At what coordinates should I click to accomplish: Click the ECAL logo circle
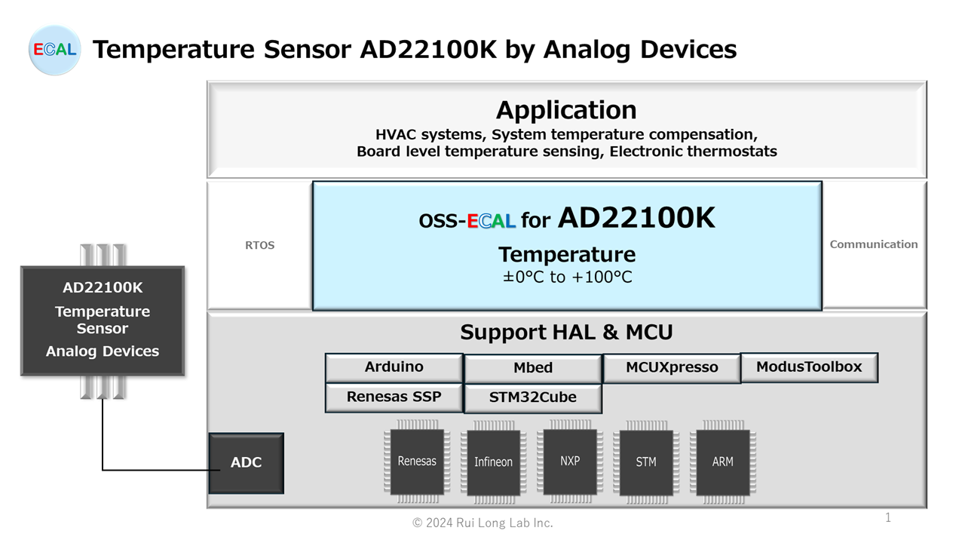point(54,50)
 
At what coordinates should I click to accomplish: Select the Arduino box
point(394,367)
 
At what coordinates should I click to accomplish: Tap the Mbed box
point(533,368)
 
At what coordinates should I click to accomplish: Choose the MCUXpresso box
point(672,368)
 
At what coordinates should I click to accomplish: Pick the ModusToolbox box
point(809,367)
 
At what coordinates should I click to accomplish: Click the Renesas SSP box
point(394,397)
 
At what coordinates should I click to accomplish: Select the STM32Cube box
point(533,397)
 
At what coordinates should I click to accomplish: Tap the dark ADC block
point(246,463)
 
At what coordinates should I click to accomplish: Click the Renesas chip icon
point(417,462)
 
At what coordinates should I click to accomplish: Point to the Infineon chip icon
point(494,462)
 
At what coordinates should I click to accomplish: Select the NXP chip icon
point(570,461)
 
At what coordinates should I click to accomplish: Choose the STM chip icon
point(646,462)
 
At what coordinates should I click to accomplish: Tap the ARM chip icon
point(723,462)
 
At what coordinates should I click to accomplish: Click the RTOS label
point(260,245)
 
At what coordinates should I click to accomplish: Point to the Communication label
point(874,244)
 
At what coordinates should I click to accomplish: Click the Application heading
point(566,110)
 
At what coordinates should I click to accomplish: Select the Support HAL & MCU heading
point(566,333)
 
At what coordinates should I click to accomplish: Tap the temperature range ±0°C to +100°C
point(568,277)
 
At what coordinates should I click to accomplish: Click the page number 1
point(888,517)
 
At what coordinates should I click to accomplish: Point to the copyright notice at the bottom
point(482,523)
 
